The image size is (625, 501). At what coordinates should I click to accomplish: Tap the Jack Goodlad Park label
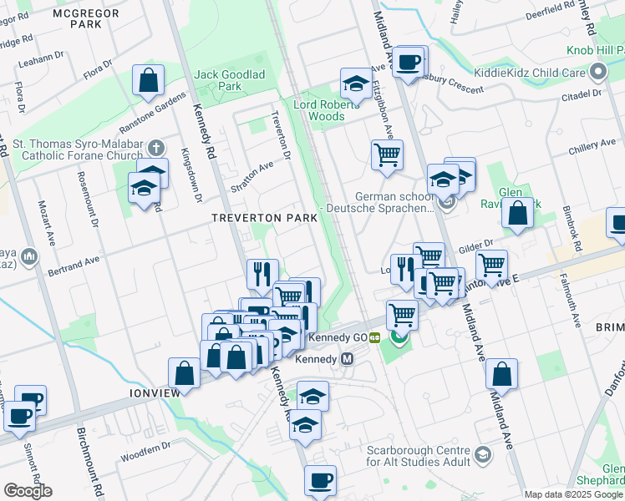(229, 80)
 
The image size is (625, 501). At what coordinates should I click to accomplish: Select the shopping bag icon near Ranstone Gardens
(148, 81)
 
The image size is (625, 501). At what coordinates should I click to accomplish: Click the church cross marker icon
(155, 148)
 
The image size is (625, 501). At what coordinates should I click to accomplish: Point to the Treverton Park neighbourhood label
(263, 217)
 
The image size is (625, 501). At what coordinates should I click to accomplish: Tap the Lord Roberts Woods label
(330, 110)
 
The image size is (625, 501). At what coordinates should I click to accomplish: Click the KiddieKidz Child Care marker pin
(597, 73)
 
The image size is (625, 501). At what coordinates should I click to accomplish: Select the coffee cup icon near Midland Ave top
(408, 62)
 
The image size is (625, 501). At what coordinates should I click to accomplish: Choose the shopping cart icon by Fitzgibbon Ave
(387, 154)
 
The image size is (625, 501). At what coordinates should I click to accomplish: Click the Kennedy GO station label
(338, 337)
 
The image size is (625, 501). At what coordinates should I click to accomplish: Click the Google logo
(28, 490)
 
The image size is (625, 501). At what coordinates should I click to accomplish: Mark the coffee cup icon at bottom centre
(320, 481)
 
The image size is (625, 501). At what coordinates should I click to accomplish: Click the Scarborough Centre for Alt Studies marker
(482, 454)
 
